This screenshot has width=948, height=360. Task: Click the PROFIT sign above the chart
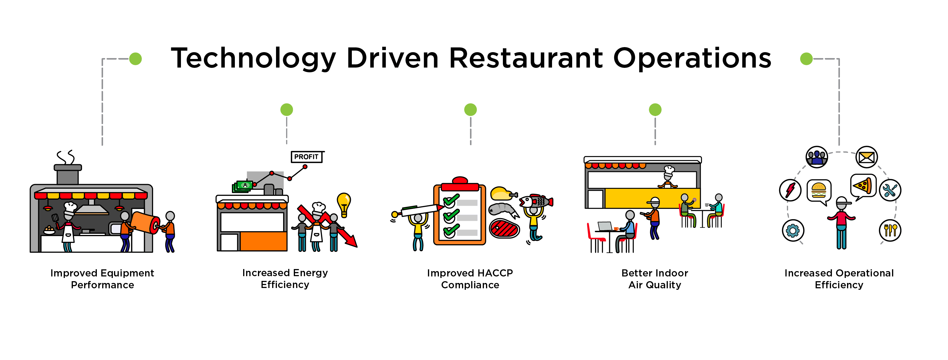click(307, 157)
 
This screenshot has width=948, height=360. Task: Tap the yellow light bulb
click(344, 204)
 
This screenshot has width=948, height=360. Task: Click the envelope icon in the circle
click(867, 157)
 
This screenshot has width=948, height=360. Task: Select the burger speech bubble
click(819, 192)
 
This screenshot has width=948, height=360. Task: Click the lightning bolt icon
click(790, 190)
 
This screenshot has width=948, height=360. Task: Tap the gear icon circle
click(793, 231)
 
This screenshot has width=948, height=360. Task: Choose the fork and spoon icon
click(890, 231)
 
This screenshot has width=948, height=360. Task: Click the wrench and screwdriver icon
click(890, 190)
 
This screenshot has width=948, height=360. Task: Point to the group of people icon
click(817, 157)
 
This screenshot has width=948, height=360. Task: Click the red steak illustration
click(504, 228)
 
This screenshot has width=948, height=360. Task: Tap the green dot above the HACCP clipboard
click(471, 110)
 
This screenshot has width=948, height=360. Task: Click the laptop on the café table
click(605, 226)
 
